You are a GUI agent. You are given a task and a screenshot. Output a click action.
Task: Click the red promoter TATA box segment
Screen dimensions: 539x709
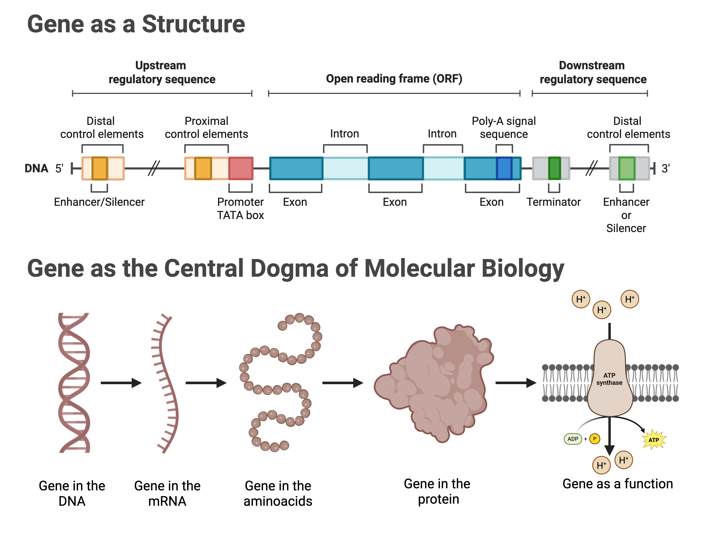coord(241,168)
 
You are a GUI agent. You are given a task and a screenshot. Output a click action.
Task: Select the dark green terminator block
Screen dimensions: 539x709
coord(554,168)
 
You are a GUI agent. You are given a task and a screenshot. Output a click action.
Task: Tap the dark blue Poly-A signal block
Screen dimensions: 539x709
coord(504,168)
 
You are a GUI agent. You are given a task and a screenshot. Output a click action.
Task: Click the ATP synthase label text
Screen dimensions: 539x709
coord(609,379)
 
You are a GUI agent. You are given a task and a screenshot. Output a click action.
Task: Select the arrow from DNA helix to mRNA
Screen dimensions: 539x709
coord(121,383)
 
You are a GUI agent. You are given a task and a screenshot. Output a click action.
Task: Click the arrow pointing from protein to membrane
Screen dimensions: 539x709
coord(515,383)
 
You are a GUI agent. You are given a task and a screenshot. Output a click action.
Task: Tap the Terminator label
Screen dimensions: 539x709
coord(553,202)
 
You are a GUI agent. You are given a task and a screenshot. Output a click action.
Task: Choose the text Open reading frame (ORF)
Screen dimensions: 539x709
coord(394,79)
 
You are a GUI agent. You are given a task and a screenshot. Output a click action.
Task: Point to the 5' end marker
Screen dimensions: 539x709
coord(59,168)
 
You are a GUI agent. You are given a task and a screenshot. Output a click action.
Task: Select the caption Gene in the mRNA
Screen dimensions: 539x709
coord(167,493)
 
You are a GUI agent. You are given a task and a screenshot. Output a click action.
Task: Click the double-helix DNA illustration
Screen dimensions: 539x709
coord(74,383)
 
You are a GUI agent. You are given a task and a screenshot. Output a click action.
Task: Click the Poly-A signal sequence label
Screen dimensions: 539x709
coord(504,127)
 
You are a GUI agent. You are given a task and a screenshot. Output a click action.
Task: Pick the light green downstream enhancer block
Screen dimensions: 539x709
coord(627,168)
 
